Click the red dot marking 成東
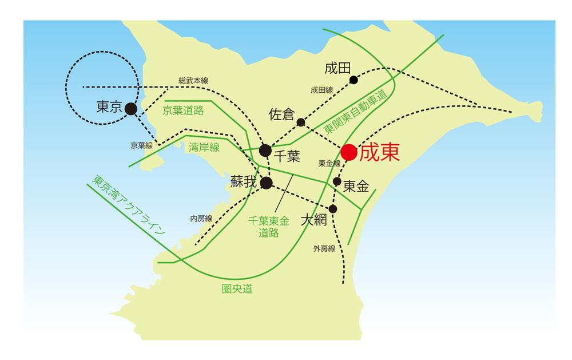pos(349,152)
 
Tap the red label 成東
pos(377,152)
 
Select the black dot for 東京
pos(130,108)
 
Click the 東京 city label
pos(109,107)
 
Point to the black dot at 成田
pos(353,80)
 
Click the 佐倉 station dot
pos(301,122)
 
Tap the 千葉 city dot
pos(265,151)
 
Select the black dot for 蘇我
pos(266,183)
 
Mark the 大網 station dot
pos(333,208)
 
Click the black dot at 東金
pos(337,181)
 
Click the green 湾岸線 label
pos(204,148)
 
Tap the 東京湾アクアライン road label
pos(129,207)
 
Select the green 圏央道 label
pos(237,289)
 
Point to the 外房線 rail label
pos(324,248)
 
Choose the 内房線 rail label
pos(201,219)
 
